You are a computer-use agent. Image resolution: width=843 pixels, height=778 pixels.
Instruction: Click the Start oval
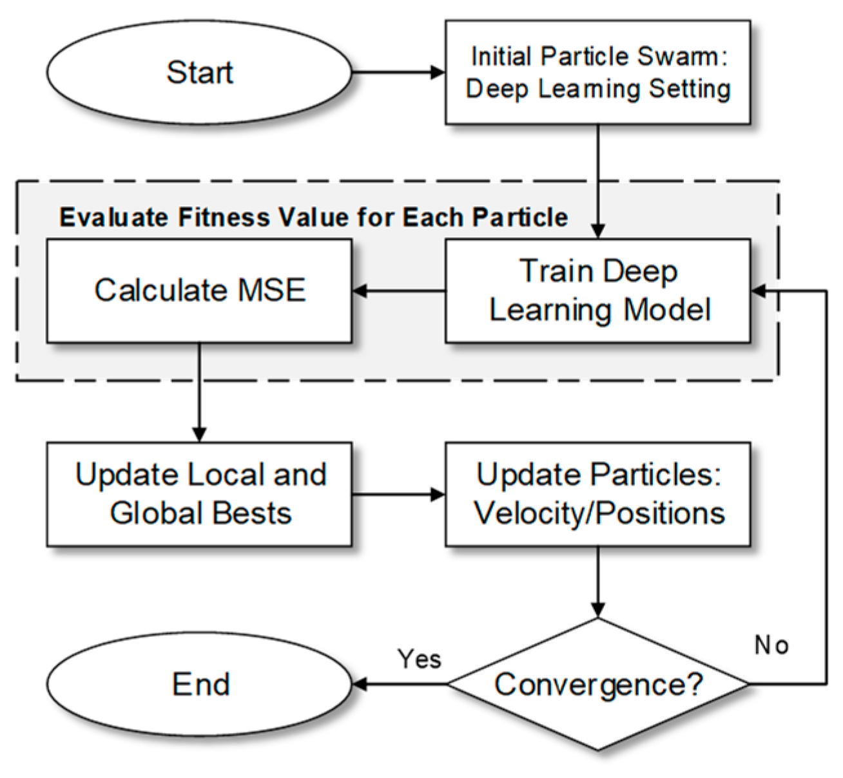(199, 71)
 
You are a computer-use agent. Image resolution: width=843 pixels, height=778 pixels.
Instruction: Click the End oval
(199, 683)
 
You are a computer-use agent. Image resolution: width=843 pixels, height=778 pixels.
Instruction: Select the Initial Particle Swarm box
(597, 71)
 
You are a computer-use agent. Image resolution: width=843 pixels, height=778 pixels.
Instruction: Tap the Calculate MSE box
(199, 290)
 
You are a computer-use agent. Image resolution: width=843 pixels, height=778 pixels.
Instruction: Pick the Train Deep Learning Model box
(597, 290)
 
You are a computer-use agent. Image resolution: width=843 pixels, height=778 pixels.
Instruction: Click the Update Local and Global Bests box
(199, 494)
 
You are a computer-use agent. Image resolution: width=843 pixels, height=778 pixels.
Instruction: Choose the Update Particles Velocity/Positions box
(597, 494)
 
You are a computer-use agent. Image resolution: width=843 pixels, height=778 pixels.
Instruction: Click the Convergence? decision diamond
(597, 684)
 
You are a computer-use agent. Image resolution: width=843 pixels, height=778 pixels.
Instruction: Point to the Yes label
(420, 659)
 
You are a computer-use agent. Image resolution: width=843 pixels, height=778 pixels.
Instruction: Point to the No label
(771, 645)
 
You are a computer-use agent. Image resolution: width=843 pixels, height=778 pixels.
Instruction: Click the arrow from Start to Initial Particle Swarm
(398, 71)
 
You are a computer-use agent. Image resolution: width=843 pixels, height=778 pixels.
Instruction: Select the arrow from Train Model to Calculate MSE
(398, 291)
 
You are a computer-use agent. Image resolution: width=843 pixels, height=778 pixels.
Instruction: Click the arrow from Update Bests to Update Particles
(398, 495)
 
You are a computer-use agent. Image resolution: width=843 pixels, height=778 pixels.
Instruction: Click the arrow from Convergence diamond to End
(400, 684)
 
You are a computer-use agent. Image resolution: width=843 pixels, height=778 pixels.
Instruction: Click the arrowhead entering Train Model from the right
(759, 291)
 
